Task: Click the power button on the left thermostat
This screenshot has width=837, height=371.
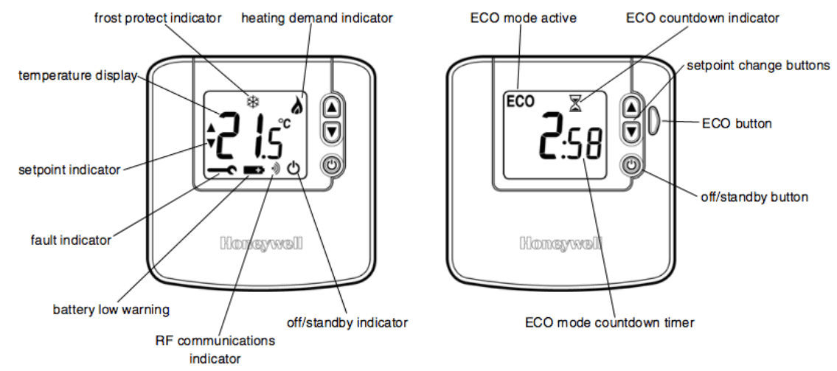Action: click(332, 164)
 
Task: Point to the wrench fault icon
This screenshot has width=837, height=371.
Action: click(222, 170)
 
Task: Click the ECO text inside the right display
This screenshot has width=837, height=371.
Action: click(520, 102)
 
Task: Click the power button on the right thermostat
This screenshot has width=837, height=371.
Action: click(631, 164)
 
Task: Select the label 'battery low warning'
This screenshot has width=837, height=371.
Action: click(111, 309)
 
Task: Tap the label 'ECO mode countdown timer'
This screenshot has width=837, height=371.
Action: click(609, 322)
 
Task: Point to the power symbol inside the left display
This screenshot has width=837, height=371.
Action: click(294, 169)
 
